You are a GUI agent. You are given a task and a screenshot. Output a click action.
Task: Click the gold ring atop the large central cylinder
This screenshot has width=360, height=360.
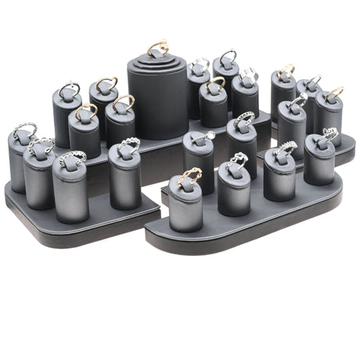pos(157,48)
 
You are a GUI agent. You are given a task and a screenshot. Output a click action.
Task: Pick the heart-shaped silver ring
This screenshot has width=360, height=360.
pos(236,160)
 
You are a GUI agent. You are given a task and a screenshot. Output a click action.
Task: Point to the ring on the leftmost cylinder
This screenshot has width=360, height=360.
pos(23,130)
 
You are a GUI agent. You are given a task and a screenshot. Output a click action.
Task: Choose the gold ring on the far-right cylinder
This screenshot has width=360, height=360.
pos(334,93)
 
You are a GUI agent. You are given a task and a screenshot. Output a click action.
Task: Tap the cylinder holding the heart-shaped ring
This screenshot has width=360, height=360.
pos(234,192)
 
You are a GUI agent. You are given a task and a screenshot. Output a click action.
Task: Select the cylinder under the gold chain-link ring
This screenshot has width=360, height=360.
pos(185,210)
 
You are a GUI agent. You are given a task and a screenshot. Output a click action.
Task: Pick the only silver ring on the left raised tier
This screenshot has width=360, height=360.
pos(69,90)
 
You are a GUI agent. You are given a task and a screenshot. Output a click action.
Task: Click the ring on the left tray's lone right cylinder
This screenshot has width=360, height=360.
pos(128,146)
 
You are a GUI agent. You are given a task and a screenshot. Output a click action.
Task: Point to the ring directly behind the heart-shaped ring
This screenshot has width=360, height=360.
pos(243,121)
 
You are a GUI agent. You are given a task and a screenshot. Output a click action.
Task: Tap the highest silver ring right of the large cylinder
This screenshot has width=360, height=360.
pos(227,56)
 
